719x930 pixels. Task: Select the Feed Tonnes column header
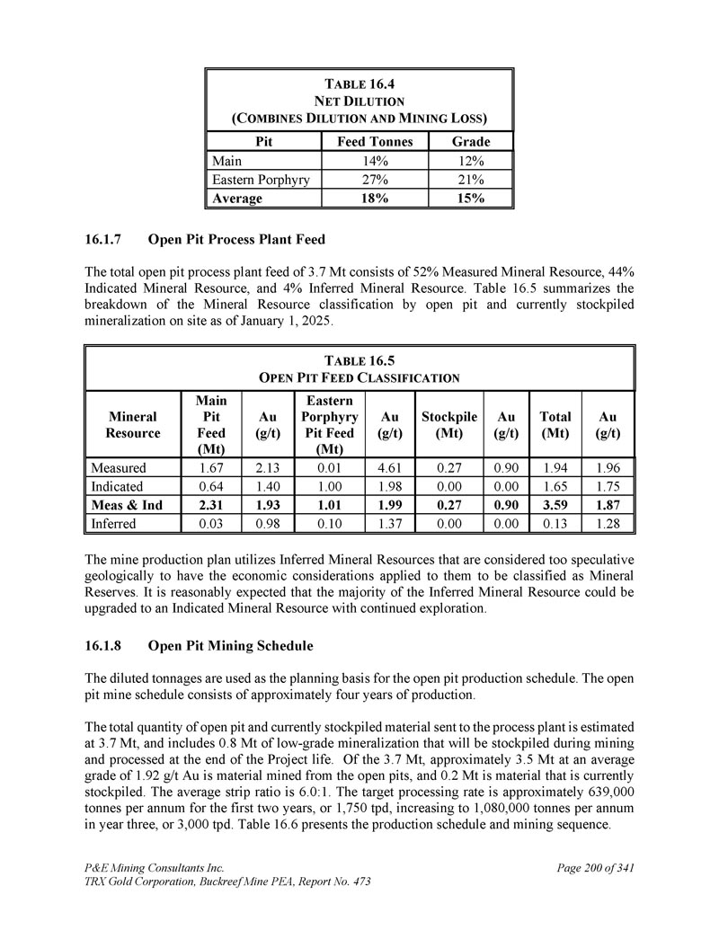(375, 141)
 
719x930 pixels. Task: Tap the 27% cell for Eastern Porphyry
(375, 180)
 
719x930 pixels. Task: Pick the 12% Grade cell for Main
(471, 161)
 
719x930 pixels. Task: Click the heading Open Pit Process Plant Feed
(236, 240)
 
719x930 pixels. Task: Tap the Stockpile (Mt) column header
(448, 424)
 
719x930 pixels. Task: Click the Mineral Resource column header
(132, 424)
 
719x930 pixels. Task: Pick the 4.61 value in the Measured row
(389, 467)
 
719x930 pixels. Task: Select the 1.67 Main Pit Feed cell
(211, 467)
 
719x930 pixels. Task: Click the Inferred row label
(112, 523)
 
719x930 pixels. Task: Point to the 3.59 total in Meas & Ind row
(555, 505)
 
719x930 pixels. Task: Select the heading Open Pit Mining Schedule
(230, 645)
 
